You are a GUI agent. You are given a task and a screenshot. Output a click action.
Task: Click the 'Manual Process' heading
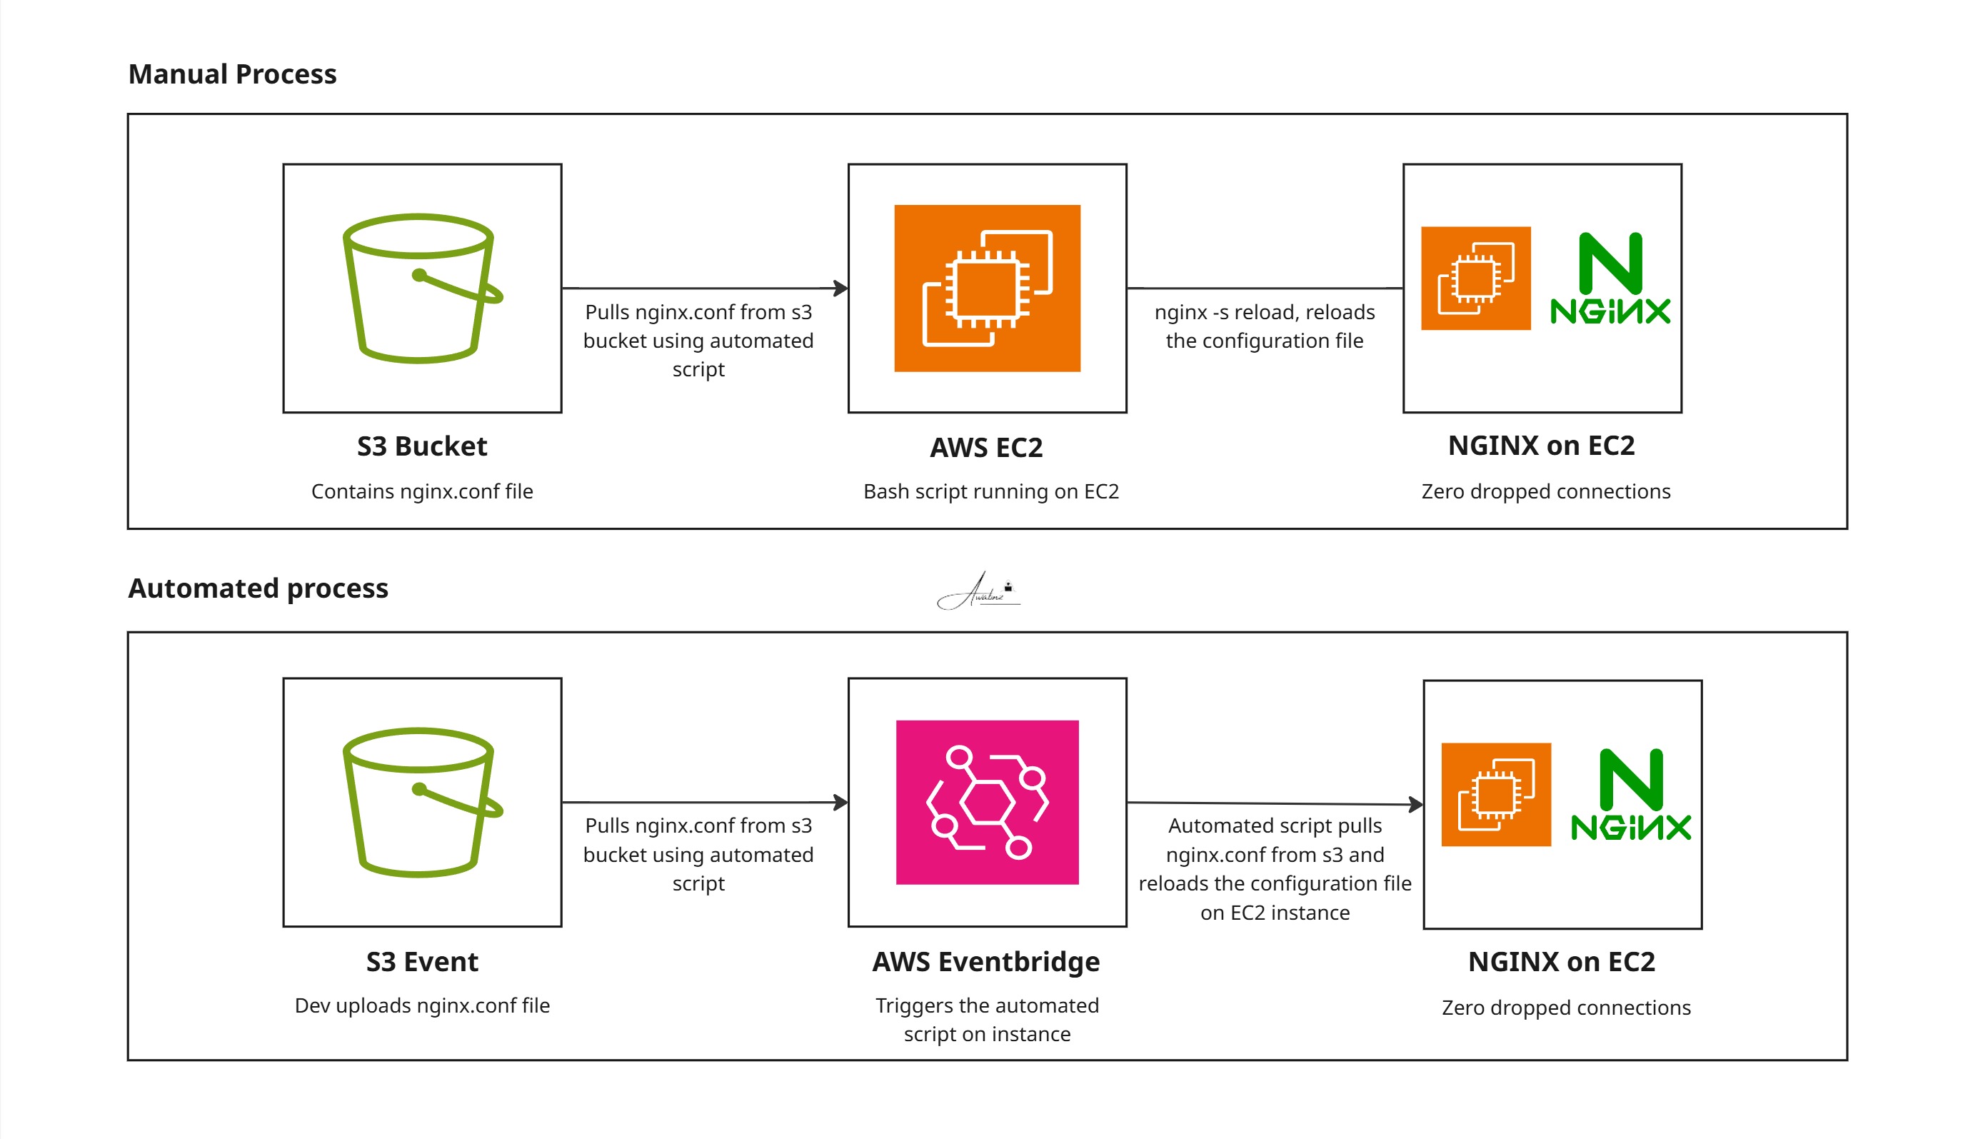point(232,74)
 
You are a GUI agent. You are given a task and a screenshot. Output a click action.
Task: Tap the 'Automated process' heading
point(258,588)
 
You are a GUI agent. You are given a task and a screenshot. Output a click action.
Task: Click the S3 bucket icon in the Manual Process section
point(422,288)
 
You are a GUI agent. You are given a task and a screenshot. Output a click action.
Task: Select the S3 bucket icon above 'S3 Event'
point(422,802)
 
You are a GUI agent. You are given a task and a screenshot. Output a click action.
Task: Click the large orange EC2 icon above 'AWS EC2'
point(987,288)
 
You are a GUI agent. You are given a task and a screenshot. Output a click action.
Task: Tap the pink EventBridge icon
point(987,802)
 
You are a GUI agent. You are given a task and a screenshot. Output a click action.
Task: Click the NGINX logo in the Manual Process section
point(1610,278)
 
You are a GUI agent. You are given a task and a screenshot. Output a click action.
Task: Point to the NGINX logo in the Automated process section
point(1630,794)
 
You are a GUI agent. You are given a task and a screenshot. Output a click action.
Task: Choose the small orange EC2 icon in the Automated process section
point(1496,794)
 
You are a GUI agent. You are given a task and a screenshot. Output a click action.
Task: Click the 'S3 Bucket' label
point(422,446)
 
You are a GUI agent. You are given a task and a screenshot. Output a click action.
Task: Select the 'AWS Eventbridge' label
point(986,961)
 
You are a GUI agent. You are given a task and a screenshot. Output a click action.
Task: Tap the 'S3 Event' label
point(422,961)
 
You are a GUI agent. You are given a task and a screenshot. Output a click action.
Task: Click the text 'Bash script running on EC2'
point(991,491)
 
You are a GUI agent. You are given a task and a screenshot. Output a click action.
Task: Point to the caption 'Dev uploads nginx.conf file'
point(422,1005)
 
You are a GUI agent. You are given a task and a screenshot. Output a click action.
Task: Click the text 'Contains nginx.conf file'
point(422,491)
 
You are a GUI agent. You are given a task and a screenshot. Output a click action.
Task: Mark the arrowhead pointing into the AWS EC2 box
point(841,288)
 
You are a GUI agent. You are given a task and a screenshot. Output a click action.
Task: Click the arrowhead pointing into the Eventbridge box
point(841,802)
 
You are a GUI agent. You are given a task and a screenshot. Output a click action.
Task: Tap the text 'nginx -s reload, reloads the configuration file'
point(1265,326)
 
